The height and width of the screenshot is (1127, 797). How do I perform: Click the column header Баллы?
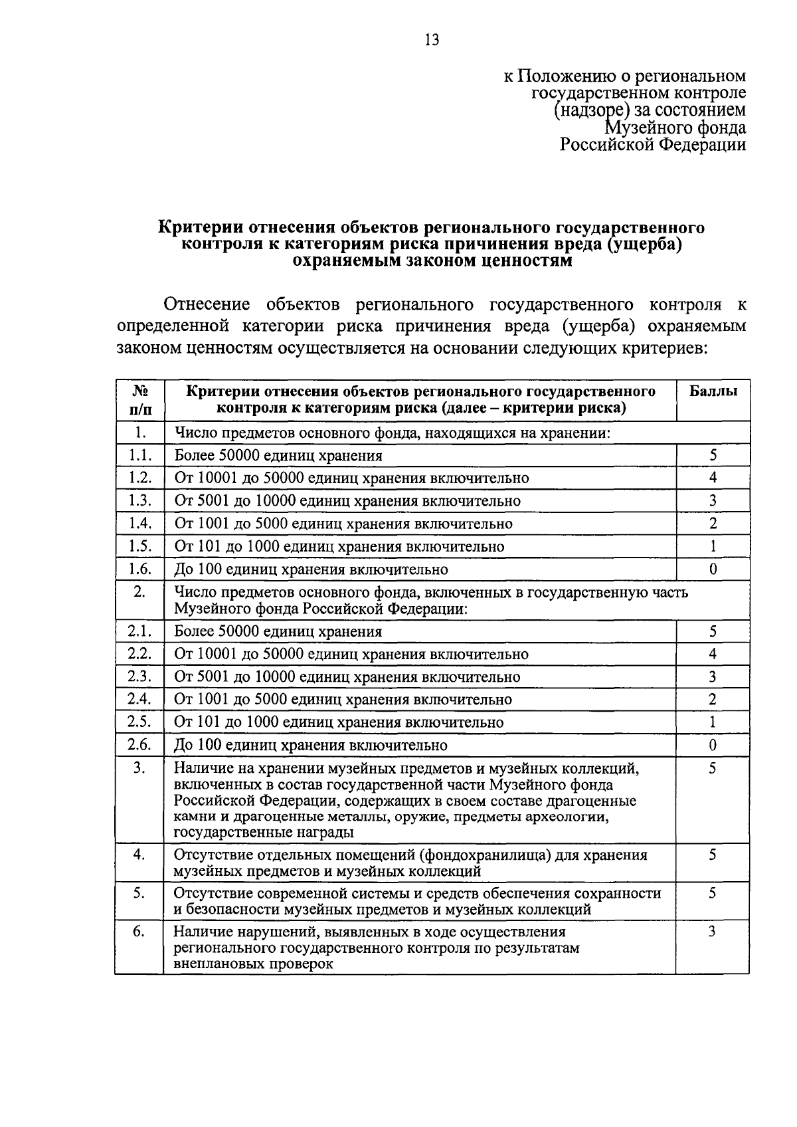[x=713, y=391]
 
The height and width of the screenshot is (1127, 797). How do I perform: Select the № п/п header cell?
[x=139, y=399]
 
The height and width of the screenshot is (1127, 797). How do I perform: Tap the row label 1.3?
[x=140, y=500]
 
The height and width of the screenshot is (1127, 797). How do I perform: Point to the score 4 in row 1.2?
[x=713, y=478]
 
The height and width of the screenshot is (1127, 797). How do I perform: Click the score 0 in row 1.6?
[x=713, y=569]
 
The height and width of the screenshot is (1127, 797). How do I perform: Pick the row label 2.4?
[x=140, y=699]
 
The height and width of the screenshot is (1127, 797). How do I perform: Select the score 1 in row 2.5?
[x=713, y=722]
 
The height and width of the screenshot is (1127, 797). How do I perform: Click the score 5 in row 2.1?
[x=713, y=631]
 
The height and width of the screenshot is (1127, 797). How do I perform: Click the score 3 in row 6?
[x=712, y=932]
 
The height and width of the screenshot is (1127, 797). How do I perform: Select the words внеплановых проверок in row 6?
[x=253, y=964]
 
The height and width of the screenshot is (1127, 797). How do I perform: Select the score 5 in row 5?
[x=712, y=894]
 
